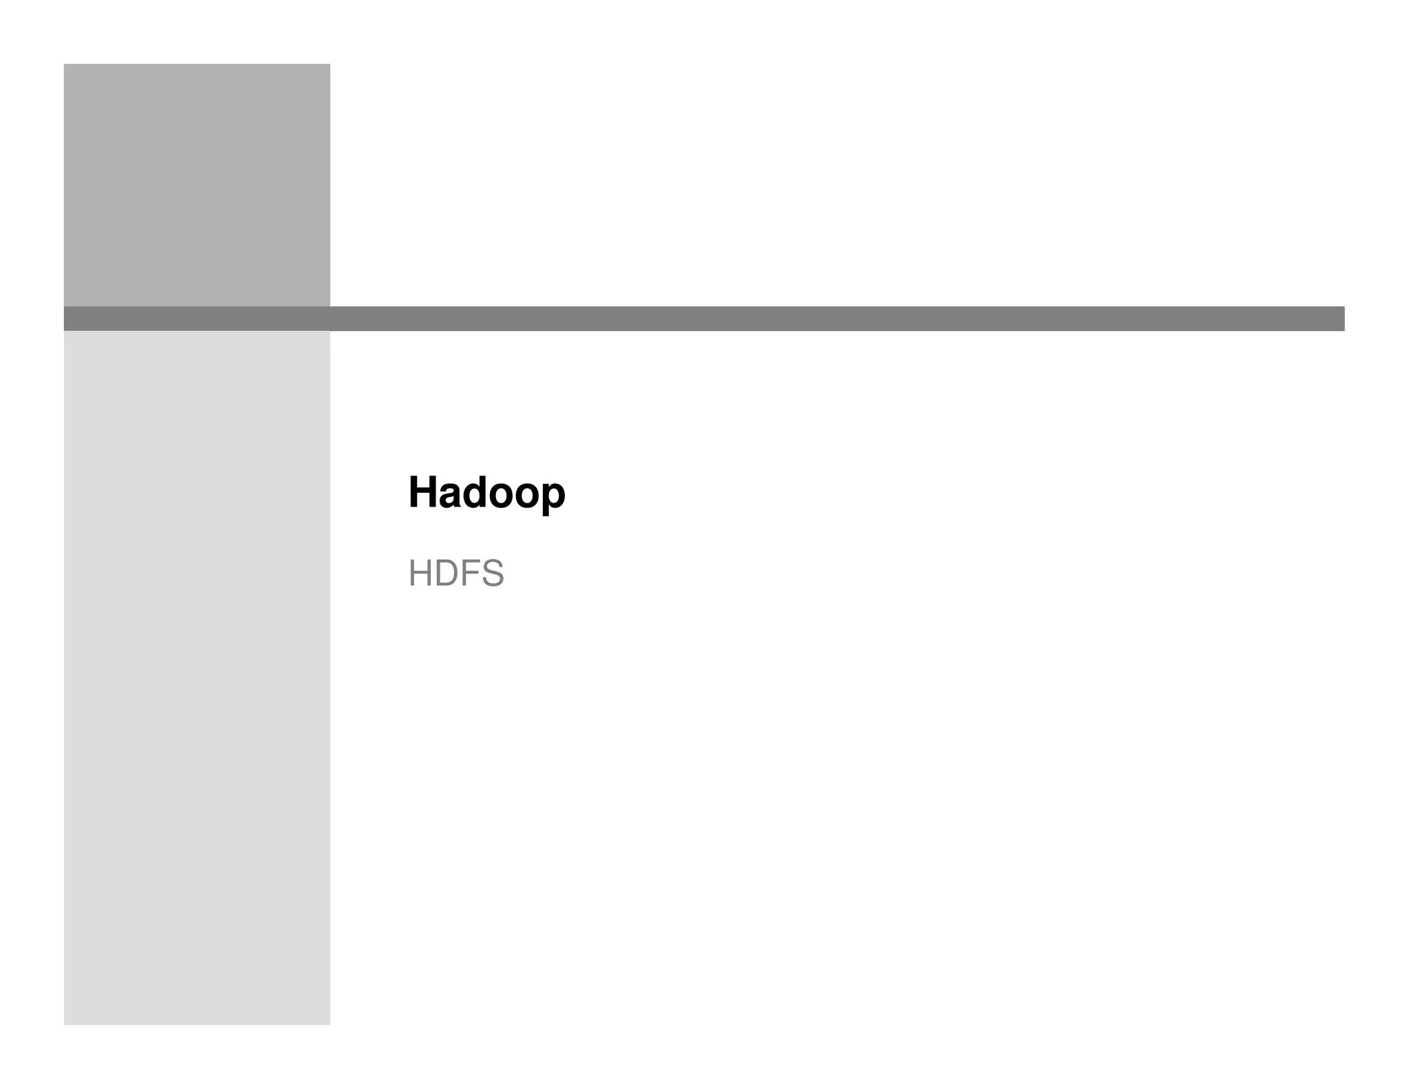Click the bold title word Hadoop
[486, 493]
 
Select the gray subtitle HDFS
[455, 573]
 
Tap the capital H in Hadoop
[422, 493]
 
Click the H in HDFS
[420, 573]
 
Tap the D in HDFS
[446, 573]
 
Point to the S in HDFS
[493, 573]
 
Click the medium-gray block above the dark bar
[197, 184]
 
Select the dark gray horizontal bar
[704, 319]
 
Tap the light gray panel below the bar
[197, 677]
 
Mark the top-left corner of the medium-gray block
[65, 65]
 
